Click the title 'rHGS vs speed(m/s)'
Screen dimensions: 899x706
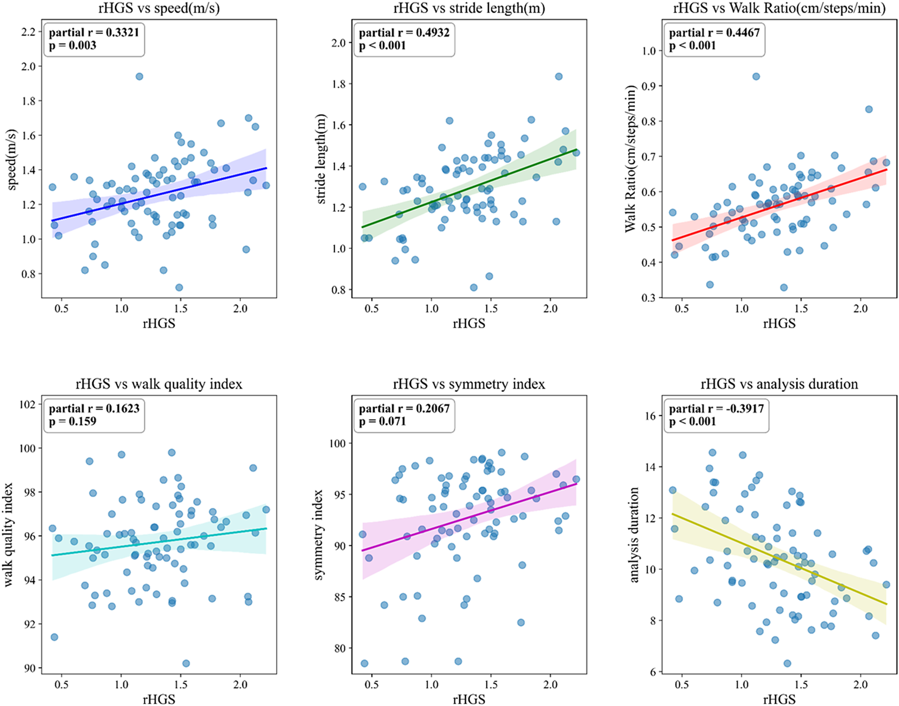[x=159, y=8]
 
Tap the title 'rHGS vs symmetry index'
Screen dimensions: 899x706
[x=469, y=384]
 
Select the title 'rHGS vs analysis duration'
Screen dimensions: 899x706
[x=779, y=384]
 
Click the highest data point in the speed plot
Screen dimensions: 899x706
[x=139, y=76]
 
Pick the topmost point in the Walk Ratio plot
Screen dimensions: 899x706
[x=756, y=76]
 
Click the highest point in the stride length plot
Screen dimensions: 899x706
[x=559, y=76]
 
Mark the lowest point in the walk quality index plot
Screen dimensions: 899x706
[x=186, y=663]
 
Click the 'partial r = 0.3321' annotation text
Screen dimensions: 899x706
[x=94, y=32]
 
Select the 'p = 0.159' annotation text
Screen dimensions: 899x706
[x=72, y=421]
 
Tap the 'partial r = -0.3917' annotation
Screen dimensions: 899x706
[x=716, y=409]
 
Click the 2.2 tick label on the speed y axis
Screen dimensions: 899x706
[x=29, y=32]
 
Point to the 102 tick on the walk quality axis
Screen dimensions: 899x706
[x=28, y=404]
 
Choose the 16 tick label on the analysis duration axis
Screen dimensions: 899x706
[x=650, y=416]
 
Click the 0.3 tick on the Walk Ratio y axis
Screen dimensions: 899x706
[x=648, y=298]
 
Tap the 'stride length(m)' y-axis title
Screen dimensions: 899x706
[x=321, y=159]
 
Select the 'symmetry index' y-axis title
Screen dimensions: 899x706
[x=319, y=535]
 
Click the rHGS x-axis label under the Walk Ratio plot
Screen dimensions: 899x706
[x=779, y=323]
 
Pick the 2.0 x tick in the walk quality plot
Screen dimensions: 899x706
[x=240, y=684]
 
